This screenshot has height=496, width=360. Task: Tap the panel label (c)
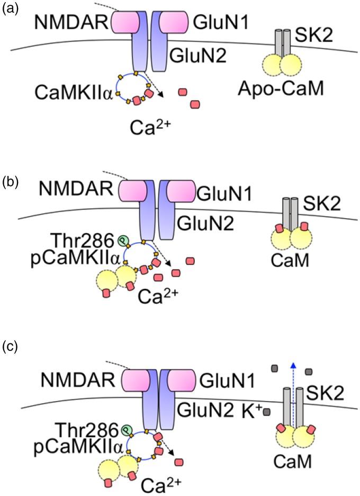pos(10,348)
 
